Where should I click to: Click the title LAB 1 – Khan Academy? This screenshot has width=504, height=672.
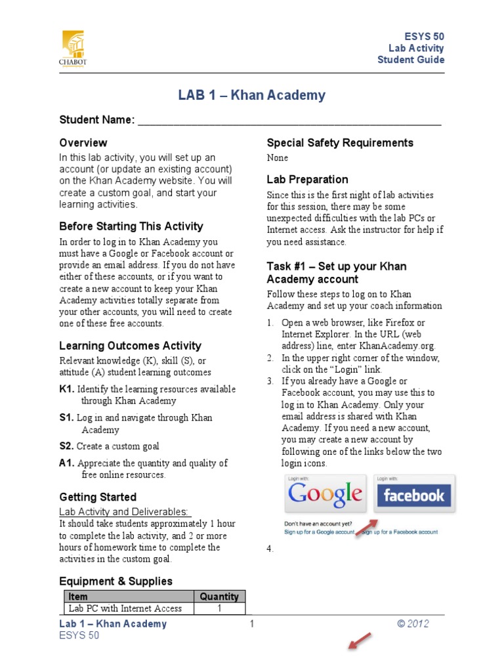251,95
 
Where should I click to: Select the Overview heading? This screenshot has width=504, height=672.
83,142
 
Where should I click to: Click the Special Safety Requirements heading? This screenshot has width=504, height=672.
340,142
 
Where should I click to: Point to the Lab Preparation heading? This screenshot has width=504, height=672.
307,179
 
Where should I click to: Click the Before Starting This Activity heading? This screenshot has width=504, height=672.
131,226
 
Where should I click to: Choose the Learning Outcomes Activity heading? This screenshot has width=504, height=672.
130,346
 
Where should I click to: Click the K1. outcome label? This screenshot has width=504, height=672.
66,389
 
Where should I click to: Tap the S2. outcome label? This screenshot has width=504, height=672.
66,446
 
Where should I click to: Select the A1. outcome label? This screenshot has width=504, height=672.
66,463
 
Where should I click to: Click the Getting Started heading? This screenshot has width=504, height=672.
98,497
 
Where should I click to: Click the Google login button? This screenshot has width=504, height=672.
325,493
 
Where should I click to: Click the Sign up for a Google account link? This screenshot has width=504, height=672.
320,532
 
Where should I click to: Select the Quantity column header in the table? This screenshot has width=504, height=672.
219,597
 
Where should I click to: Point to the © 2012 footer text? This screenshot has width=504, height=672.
413,624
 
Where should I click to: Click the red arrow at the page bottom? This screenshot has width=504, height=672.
359,640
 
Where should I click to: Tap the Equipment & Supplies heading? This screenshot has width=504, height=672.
116,581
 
